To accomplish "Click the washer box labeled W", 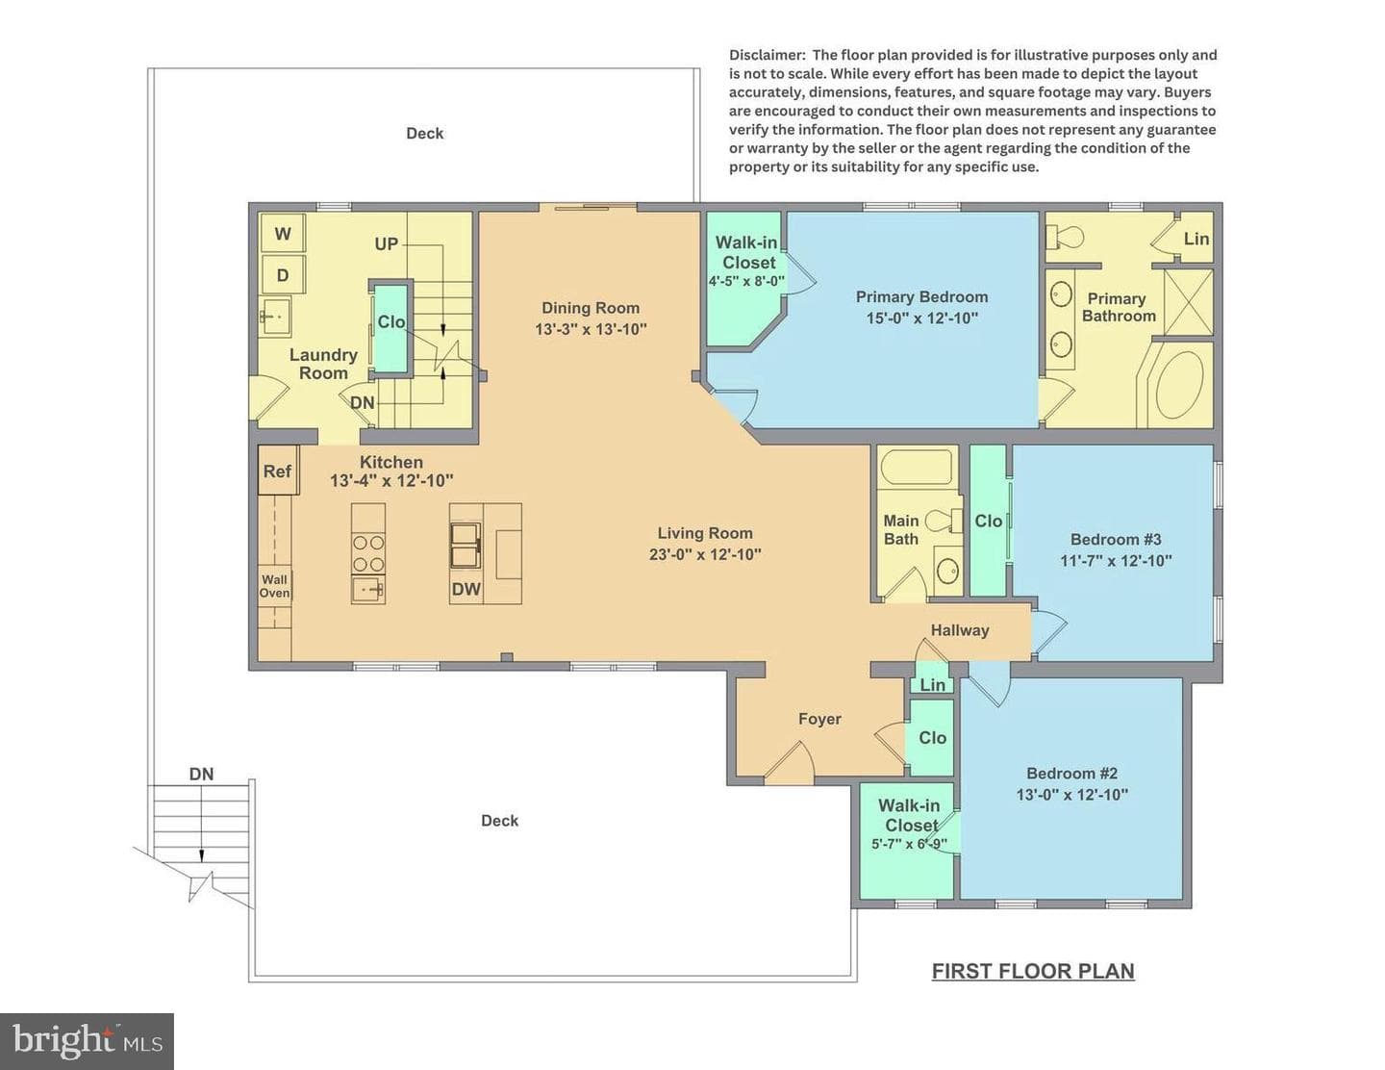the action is click(283, 233).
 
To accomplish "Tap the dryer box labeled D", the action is click(283, 275).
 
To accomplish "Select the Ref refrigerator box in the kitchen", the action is click(278, 471).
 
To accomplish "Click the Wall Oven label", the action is click(275, 586).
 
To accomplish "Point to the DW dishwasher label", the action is click(466, 589).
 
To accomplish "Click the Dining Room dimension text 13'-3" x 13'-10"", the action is click(591, 330).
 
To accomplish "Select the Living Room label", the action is click(705, 533).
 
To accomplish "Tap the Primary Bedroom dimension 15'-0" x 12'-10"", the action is click(921, 318).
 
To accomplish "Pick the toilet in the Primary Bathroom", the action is click(1065, 238).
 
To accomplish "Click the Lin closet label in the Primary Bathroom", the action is click(1196, 239).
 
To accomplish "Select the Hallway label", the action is click(960, 630).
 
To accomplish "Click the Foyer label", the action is click(819, 719).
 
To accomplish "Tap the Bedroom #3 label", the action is click(1116, 540).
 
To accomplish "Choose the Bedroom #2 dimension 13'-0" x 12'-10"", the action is click(1072, 795).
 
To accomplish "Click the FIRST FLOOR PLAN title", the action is click(1033, 971).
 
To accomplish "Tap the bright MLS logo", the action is click(87, 1041).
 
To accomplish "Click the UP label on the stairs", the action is click(387, 244).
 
